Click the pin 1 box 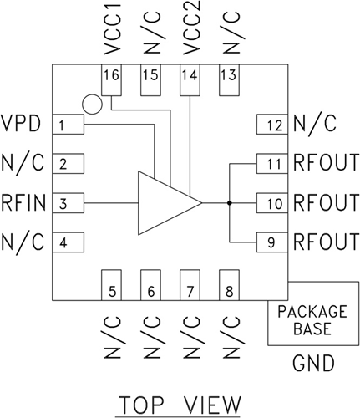tap(69, 125)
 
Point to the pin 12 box tap(271, 125)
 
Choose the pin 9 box tap(271, 242)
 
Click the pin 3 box tap(69, 202)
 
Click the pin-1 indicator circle tap(93, 104)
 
